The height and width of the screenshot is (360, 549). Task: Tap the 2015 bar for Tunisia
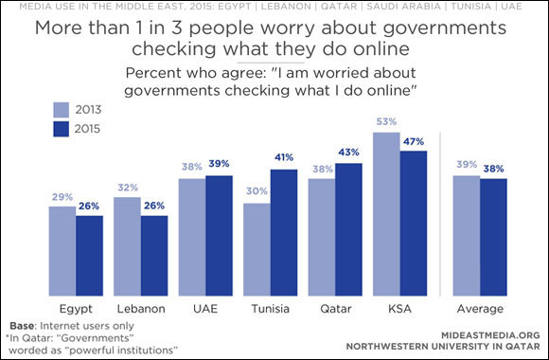tap(285, 231)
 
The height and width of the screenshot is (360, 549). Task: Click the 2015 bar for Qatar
tap(349, 228)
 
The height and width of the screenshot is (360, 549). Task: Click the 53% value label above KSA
tap(385, 123)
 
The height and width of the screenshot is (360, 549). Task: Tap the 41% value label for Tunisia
tap(285, 159)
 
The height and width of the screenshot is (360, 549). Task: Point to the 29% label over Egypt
tap(62, 198)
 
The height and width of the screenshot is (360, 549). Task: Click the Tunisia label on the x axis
tap(269, 308)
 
